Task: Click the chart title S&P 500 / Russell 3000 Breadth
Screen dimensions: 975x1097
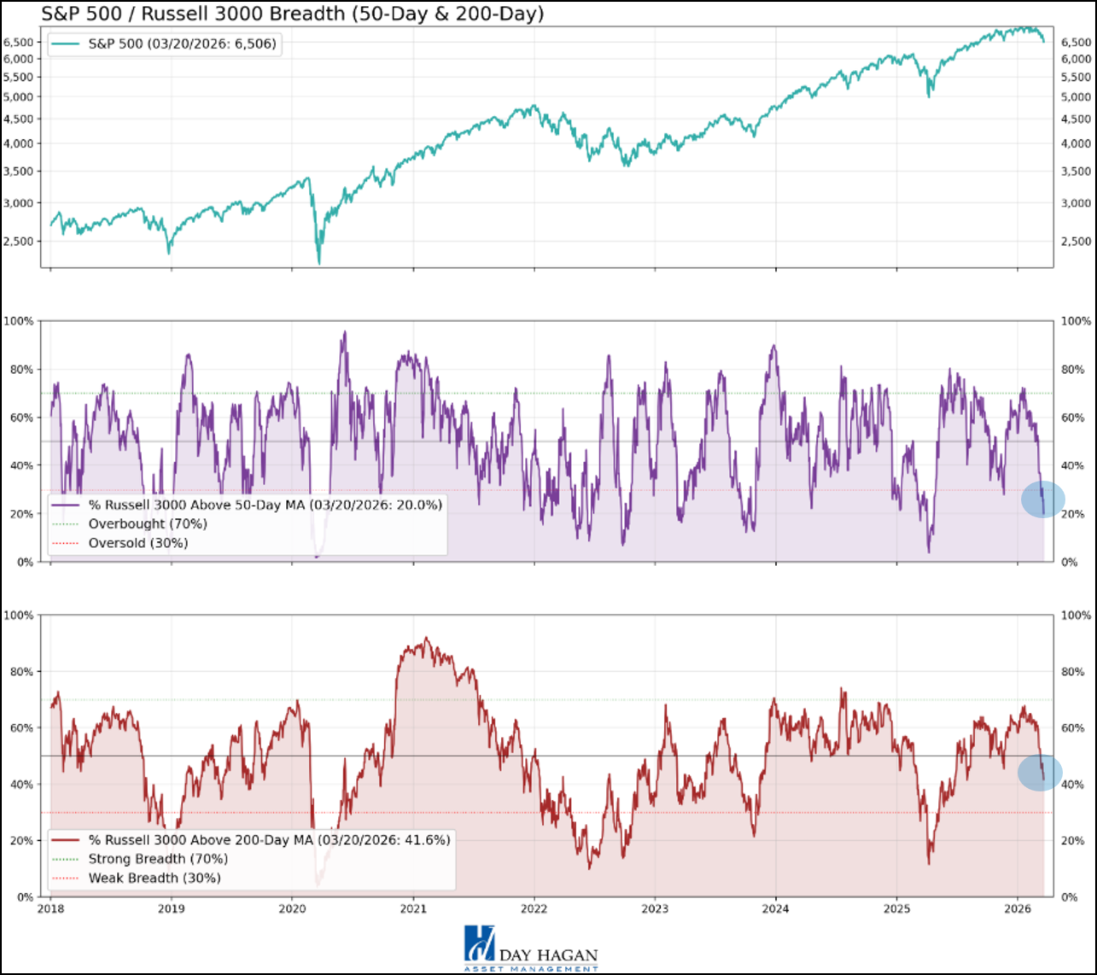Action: coord(292,14)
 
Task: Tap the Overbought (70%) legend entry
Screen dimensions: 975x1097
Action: coord(148,524)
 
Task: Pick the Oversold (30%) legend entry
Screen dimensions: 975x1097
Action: coord(138,543)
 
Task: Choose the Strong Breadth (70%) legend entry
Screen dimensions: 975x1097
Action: coord(158,859)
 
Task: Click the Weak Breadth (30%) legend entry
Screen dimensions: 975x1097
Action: coord(155,878)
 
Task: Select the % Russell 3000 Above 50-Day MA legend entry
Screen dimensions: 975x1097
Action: coord(265,505)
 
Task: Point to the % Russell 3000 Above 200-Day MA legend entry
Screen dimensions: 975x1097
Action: coord(269,840)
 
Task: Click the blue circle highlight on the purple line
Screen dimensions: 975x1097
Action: coord(1042,499)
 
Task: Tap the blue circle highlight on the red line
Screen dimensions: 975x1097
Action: coord(1040,773)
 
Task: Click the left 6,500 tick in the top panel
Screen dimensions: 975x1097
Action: coord(19,42)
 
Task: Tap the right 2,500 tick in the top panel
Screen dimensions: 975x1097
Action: coord(1076,242)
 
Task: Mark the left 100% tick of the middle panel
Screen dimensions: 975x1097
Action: coord(19,321)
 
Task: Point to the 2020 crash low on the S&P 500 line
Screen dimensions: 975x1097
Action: coord(319,262)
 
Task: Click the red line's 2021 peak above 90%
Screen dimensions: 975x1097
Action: coord(426,638)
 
